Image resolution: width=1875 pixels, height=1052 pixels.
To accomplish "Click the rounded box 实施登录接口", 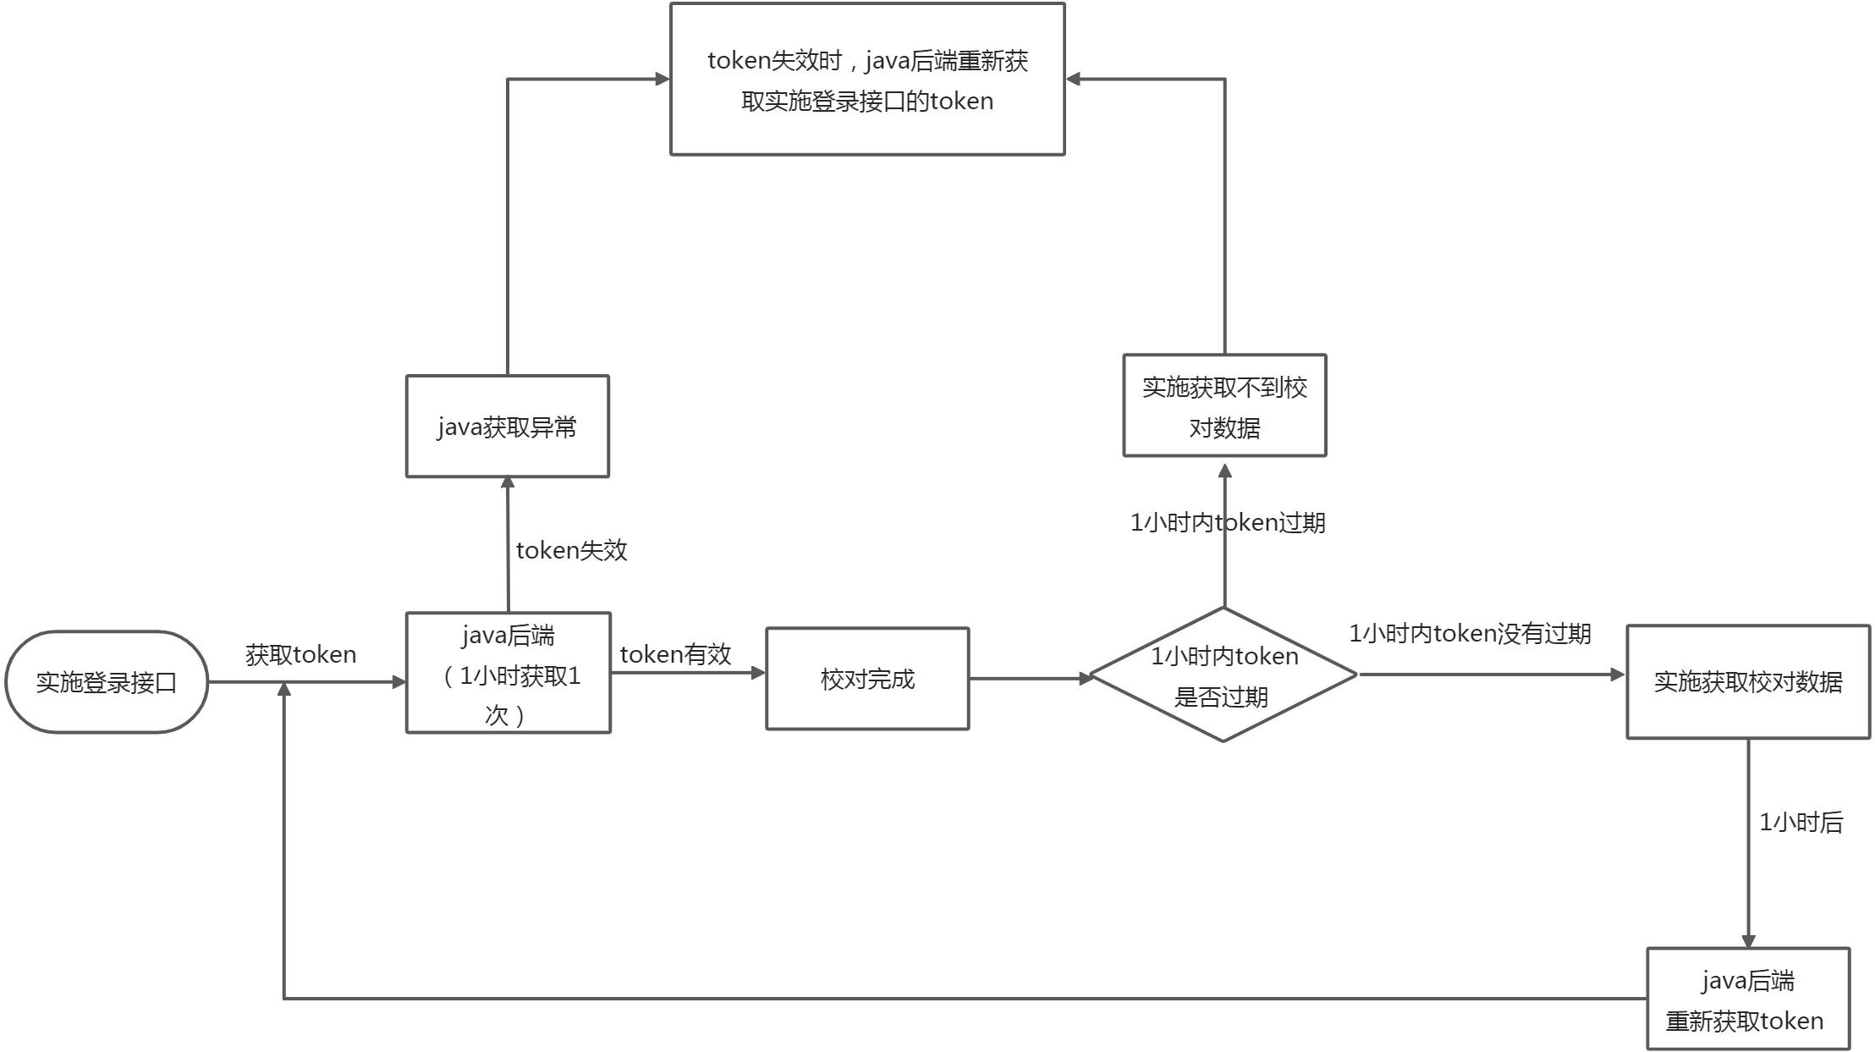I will point(107,682).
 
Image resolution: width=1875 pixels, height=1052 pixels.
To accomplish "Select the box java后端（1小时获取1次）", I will point(508,674).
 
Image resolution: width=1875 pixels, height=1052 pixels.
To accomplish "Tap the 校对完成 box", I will point(867,679).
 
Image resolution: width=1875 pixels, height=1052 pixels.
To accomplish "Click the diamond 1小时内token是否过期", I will point(1223,675).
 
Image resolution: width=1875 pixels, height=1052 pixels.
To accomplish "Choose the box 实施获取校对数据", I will point(1747,682).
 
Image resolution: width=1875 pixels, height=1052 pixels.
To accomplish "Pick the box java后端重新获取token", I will point(1747,1000).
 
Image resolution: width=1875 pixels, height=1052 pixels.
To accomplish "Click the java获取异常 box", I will point(508,427).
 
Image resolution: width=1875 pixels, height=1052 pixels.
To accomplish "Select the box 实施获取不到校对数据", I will point(1224,406).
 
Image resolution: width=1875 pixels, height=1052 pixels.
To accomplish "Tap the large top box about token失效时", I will point(867,80).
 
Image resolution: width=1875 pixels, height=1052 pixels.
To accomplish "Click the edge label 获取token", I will point(300,654).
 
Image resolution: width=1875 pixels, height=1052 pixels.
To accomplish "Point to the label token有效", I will point(675,654).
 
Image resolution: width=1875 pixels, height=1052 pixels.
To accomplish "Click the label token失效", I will point(572,550).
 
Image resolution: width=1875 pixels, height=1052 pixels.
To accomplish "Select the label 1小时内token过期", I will point(1228,523).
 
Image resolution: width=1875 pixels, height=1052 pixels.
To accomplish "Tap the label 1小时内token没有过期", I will point(1470,633).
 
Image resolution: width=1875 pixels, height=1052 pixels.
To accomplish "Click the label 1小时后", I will point(1801,822).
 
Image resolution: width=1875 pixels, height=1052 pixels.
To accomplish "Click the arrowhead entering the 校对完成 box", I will point(758,673).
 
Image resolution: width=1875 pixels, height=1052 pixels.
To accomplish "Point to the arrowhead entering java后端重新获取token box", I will point(1748,941).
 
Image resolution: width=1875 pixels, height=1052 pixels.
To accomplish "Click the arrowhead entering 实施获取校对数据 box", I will point(1618,675).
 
